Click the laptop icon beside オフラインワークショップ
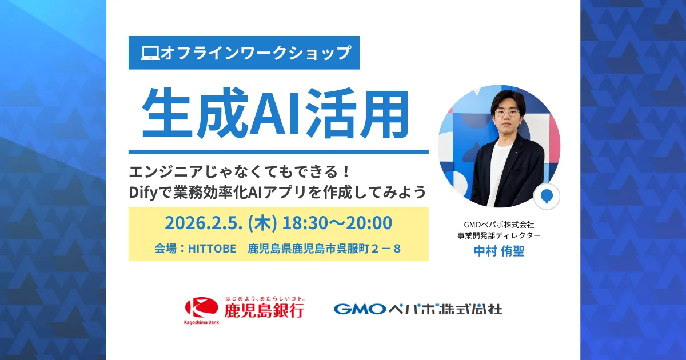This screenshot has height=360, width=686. point(150,53)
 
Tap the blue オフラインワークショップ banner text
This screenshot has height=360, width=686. point(255,53)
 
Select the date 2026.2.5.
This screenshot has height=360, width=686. point(201,223)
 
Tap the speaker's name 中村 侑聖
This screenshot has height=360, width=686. point(499,251)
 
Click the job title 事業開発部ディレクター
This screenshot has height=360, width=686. point(499,235)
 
